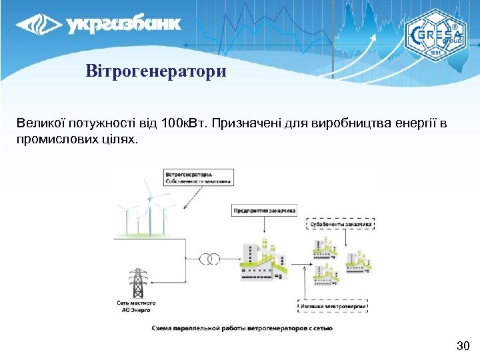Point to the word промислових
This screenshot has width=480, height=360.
(53, 141)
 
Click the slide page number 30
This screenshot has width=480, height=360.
(463, 345)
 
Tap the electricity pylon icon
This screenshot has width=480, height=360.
(138, 283)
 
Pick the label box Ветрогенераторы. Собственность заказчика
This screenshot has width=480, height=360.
(198, 177)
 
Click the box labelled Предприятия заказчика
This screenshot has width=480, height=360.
(265, 209)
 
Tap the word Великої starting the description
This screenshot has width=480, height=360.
(39, 124)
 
